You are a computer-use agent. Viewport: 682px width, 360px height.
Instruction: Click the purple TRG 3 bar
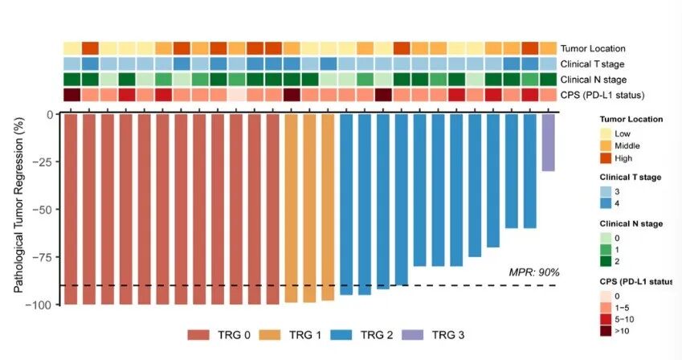[x=548, y=142]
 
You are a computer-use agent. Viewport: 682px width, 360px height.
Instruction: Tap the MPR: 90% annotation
[x=534, y=272]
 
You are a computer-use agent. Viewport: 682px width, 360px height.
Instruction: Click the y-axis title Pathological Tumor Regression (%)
[x=18, y=209]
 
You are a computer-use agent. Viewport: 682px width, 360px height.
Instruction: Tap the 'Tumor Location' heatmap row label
[x=593, y=49]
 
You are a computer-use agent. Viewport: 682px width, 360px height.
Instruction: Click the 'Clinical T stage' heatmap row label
[x=594, y=64]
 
